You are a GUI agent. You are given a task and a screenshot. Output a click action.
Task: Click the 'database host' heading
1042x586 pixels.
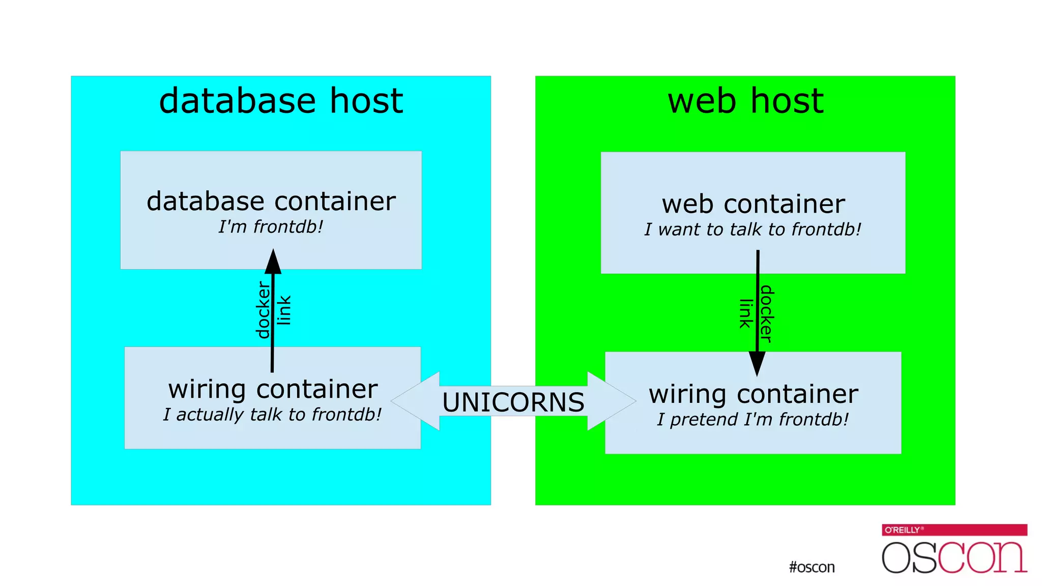(281, 101)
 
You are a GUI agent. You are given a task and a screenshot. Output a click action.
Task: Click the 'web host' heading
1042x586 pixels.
(745, 101)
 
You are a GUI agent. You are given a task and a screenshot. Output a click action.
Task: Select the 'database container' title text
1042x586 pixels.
(271, 201)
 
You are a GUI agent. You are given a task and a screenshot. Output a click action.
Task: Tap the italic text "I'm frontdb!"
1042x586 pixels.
(271, 227)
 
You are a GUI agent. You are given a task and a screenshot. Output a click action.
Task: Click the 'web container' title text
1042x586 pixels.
(753, 204)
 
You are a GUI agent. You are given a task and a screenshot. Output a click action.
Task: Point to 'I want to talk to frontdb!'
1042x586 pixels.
(752, 229)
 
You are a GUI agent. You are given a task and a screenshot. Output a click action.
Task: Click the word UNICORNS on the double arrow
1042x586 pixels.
(513, 402)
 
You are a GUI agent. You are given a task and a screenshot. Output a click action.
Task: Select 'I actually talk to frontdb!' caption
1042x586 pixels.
(272, 415)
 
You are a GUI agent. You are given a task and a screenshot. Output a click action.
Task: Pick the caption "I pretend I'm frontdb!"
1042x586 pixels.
(752, 420)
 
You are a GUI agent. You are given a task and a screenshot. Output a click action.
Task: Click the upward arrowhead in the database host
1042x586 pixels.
(273, 262)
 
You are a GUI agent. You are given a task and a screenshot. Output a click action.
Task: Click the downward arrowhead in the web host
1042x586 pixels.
(757, 363)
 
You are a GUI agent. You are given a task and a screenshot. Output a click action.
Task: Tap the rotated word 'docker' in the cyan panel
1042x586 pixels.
(263, 310)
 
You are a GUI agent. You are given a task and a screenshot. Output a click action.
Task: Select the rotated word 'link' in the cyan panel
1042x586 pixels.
(284, 310)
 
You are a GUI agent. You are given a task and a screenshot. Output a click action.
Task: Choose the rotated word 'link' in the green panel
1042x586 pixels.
(745, 314)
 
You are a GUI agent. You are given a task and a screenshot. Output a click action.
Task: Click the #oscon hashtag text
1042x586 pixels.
(812, 567)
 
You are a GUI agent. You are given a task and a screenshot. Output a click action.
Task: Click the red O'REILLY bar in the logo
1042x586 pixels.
(954, 530)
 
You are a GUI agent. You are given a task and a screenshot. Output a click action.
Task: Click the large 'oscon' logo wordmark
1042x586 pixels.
(954, 558)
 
